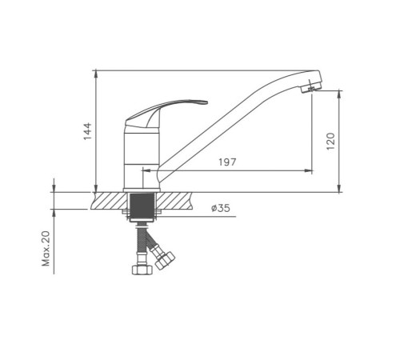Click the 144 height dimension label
click(x=87, y=131)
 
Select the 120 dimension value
click(x=330, y=141)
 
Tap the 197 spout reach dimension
click(x=227, y=162)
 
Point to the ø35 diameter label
click(x=221, y=208)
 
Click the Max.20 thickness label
click(x=46, y=249)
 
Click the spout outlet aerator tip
click(x=310, y=90)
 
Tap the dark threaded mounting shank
click(x=142, y=206)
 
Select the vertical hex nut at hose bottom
click(x=142, y=270)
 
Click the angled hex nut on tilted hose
click(x=165, y=260)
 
